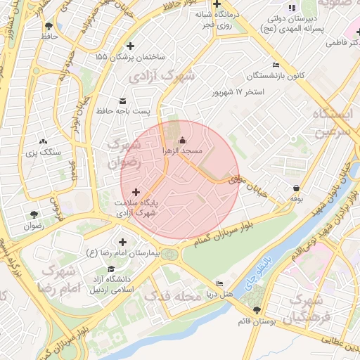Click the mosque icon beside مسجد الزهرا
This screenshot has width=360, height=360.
coord(183,140)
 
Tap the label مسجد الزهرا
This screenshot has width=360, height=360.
coord(183,151)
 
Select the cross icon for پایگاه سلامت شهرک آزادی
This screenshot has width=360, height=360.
coord(136,191)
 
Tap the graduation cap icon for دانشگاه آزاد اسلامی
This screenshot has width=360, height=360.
coord(110,269)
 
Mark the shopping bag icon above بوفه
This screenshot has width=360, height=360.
coord(297,188)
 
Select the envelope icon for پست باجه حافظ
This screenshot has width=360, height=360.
coord(124,101)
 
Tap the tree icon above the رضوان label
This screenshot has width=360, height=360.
coord(34,215)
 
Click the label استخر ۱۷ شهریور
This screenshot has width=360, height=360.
coord(238,92)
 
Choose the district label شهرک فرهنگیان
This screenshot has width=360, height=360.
coord(307,307)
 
